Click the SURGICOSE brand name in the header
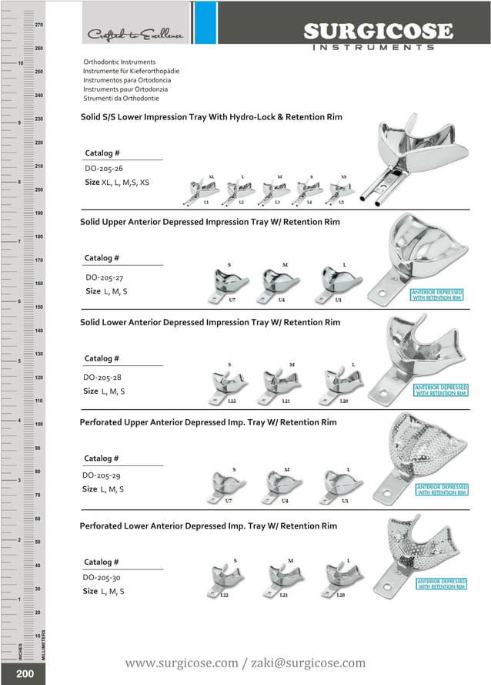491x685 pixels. point(377,31)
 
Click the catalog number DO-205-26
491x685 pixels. point(104,168)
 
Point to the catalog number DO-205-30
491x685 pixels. point(102,577)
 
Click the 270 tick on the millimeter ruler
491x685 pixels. point(38,25)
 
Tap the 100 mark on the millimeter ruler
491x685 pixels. point(38,425)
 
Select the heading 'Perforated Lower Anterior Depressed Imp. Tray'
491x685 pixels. point(208,526)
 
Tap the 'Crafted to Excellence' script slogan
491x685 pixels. point(135,35)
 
